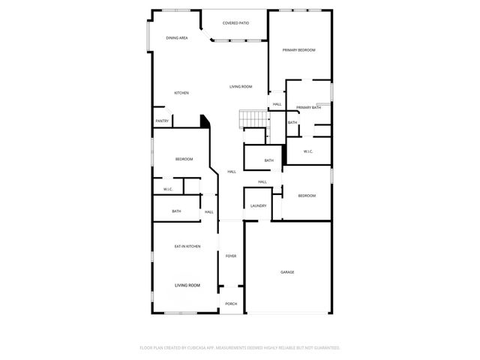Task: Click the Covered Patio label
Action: (235, 23)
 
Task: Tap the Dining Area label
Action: (177, 37)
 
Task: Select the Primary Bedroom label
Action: (298, 49)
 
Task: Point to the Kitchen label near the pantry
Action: (181, 93)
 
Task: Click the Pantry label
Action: (162, 121)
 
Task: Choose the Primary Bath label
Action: (308, 107)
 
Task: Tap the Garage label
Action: (287, 272)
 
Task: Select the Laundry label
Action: (259, 205)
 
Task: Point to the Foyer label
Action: (231, 256)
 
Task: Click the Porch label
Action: (231, 304)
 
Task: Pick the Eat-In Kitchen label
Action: (187, 247)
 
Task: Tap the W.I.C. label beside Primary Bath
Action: (308, 151)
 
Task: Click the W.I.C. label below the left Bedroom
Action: (168, 189)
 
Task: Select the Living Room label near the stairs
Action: (241, 87)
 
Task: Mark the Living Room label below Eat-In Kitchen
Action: (187, 286)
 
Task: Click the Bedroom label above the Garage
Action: (307, 196)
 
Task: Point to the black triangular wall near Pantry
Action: (203, 121)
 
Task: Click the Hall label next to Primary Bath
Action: (277, 104)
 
